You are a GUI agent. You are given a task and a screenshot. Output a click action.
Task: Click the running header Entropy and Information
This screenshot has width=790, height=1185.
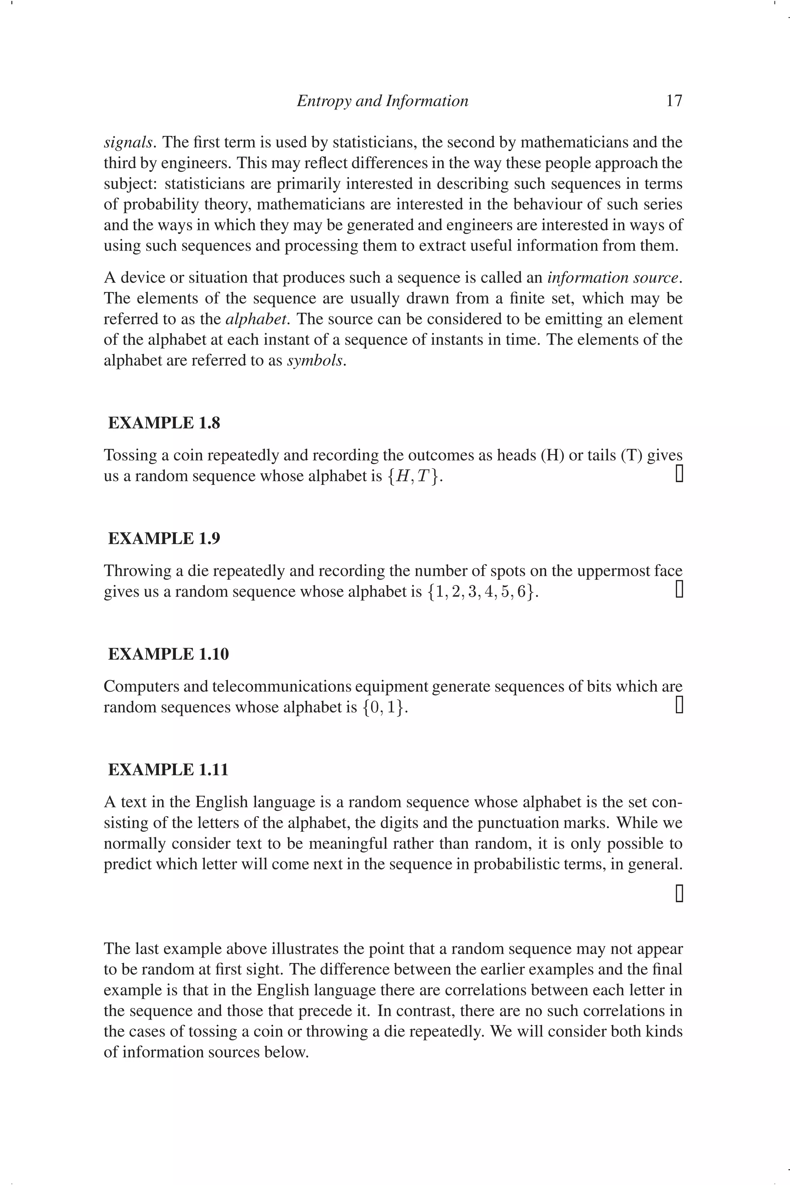[382, 101]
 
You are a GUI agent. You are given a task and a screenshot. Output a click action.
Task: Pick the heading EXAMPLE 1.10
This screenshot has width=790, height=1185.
[168, 654]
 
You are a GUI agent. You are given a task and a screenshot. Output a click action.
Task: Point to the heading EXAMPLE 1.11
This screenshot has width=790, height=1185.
[168, 769]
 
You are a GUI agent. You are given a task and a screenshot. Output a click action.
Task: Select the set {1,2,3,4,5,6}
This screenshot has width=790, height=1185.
[481, 591]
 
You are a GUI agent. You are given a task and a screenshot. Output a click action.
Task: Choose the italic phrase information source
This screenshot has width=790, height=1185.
[613, 278]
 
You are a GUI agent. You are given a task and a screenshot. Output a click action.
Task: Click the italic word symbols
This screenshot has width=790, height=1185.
[315, 361]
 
